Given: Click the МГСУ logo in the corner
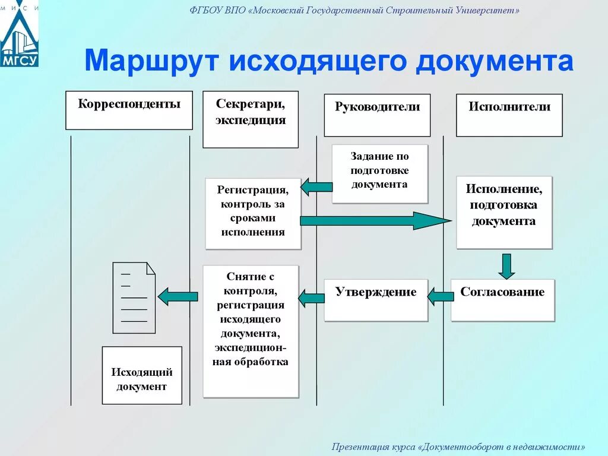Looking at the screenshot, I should pyautogui.click(x=19, y=34).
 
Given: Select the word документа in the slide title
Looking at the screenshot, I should pyautogui.click(x=494, y=62).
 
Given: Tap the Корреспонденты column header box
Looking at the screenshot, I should pyautogui.click(x=129, y=110).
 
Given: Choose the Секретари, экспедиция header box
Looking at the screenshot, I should pyautogui.click(x=250, y=119).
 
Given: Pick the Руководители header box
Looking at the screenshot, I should pyautogui.click(x=377, y=115).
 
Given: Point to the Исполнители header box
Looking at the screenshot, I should pyautogui.click(x=509, y=115).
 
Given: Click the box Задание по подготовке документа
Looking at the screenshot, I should pyautogui.click(x=379, y=173).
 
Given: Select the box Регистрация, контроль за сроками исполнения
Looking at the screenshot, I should pyautogui.click(x=253, y=213).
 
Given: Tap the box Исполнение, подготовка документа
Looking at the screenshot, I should pyautogui.click(x=503, y=212).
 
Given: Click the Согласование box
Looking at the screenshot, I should pyautogui.click(x=502, y=300).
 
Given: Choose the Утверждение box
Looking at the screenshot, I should pyautogui.click(x=376, y=300).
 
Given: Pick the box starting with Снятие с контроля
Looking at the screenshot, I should pyautogui.click(x=251, y=331).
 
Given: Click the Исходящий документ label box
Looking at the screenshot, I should pyautogui.click(x=142, y=375).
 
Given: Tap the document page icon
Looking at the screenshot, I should pyautogui.click(x=134, y=297).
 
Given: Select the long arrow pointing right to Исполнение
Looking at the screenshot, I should pyautogui.click(x=374, y=220).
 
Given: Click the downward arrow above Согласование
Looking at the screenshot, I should pyautogui.click(x=506, y=265).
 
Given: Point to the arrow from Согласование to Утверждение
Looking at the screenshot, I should pyautogui.click(x=440, y=294).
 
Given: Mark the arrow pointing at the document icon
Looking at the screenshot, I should pyautogui.click(x=178, y=296).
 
